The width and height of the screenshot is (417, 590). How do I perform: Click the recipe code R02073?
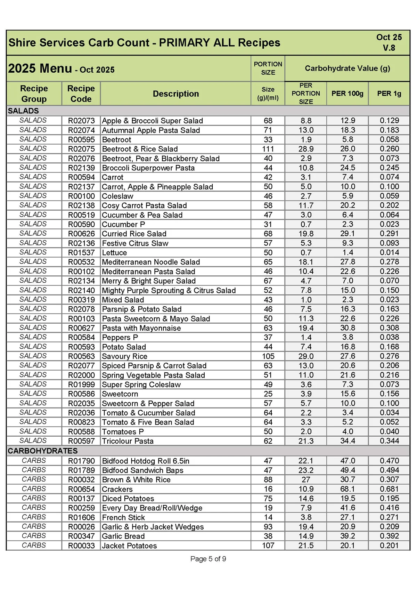point(81,121)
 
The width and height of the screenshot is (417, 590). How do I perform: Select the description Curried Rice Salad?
point(134,234)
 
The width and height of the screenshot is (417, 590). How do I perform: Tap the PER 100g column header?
point(347,94)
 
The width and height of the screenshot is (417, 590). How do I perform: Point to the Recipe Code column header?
point(81,94)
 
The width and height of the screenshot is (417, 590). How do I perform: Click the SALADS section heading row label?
point(23,111)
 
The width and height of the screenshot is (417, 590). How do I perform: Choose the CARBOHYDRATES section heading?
point(43,451)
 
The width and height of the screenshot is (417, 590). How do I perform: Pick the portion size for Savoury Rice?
point(268,356)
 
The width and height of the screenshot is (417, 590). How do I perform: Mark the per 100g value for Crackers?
point(347,489)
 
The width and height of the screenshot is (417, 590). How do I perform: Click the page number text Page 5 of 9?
point(208,559)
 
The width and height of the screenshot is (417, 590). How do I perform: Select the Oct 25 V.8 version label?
point(389,42)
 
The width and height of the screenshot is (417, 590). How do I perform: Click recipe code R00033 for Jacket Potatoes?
point(81,545)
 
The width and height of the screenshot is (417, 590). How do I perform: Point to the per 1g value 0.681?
point(389,489)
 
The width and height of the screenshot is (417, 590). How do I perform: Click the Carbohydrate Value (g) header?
point(347,68)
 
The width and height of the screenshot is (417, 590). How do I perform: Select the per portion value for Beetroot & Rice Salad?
point(306,149)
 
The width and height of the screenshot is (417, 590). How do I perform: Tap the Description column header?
point(176,94)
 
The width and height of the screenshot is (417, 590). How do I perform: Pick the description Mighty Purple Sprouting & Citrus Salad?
point(169,290)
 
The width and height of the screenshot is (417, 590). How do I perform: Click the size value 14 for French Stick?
point(268,517)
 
